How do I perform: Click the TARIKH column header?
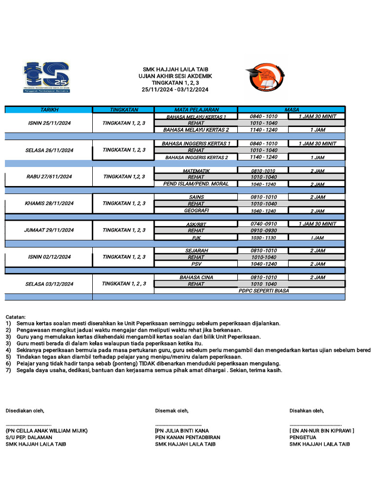pyautogui.click(x=49, y=110)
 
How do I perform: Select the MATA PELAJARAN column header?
pyautogui.click(x=196, y=110)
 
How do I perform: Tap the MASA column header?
pyautogui.click(x=292, y=110)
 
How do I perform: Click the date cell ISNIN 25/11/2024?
pyautogui.click(x=49, y=123)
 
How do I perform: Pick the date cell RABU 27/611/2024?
pyautogui.click(x=49, y=177)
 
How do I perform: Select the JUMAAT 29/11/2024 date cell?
pyautogui.click(x=49, y=230)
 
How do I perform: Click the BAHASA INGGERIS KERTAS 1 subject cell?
pyautogui.click(x=196, y=144)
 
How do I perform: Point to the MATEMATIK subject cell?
pyautogui.click(x=196, y=171)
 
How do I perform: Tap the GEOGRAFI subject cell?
pyautogui.click(x=196, y=210)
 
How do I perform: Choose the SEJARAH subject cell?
pyautogui.click(x=196, y=250)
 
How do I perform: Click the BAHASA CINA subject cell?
pyautogui.click(x=196, y=277)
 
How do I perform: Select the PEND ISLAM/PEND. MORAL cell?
pyautogui.click(x=196, y=184)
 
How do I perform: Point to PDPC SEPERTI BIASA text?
pyautogui.click(x=264, y=291)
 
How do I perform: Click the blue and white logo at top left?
pyautogui.click(x=46, y=77)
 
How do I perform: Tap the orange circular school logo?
pyautogui.click(x=264, y=77)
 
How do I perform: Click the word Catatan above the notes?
pyautogui.click(x=16, y=317)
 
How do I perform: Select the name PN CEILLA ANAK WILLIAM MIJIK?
pyautogui.click(x=46, y=431)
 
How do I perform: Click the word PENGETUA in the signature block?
pyautogui.click(x=303, y=437)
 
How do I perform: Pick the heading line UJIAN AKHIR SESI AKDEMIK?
pyautogui.click(x=175, y=76)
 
